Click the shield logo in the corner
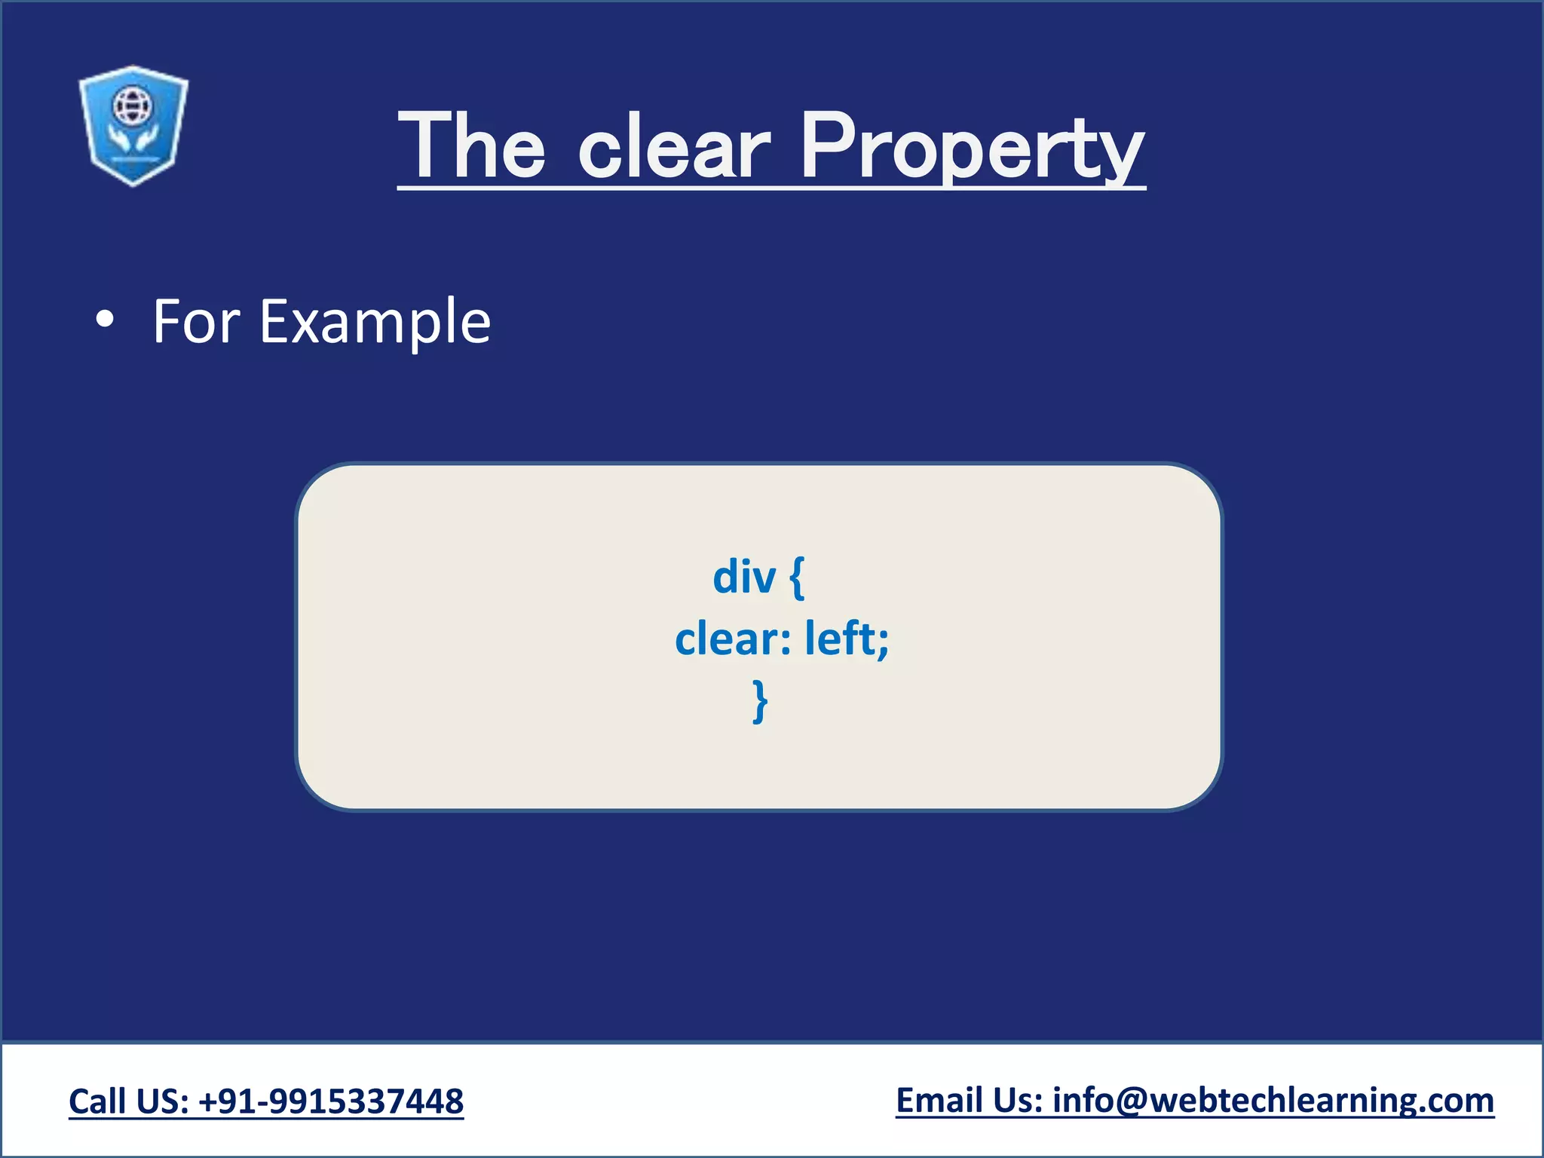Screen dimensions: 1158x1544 [133, 125]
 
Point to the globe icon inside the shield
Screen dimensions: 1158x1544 [132, 105]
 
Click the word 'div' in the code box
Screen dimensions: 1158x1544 [744, 577]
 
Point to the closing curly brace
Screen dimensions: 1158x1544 [760, 701]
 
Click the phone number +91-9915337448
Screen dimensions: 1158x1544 [331, 1101]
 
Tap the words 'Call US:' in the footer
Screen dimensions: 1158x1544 [129, 1101]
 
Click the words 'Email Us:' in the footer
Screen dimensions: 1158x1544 [969, 1101]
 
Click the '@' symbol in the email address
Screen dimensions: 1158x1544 [1131, 1101]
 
